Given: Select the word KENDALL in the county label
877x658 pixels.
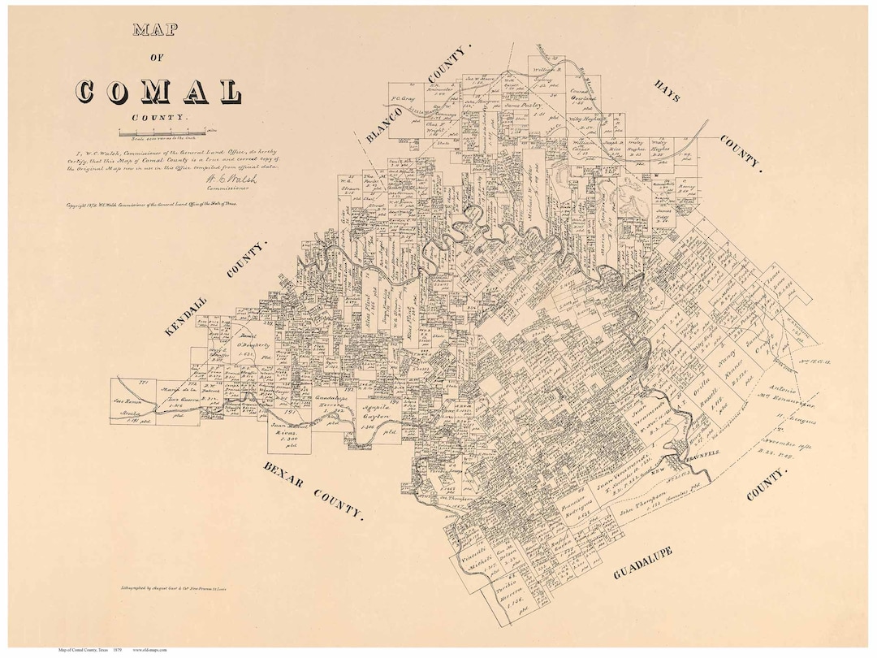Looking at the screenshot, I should click(185, 315).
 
